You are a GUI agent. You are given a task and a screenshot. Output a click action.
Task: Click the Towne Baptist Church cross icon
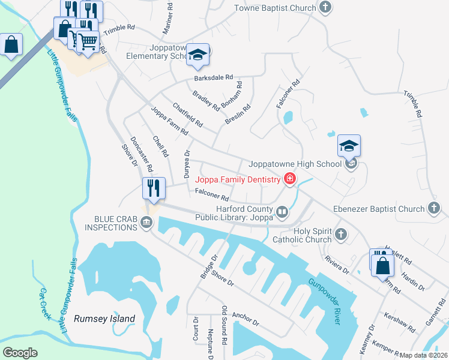325,8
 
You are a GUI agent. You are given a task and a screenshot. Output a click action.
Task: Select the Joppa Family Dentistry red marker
290,179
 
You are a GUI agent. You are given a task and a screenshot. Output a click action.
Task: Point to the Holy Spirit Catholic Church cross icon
341,234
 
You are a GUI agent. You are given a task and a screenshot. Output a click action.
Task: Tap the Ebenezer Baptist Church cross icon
435,209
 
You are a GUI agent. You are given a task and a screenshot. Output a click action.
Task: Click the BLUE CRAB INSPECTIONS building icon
146,223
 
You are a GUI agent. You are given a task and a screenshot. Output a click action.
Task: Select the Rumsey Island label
104,319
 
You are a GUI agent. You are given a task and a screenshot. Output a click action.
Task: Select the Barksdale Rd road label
213,78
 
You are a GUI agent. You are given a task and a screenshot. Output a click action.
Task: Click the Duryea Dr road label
186,164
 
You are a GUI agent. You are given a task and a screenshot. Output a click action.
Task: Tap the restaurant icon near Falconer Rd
154,188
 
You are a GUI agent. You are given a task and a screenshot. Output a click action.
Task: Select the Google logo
20,353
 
